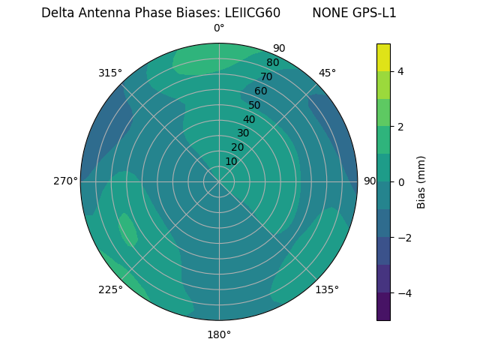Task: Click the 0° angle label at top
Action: [x=219, y=28]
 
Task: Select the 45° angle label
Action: [x=327, y=73]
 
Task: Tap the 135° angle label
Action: [x=327, y=289]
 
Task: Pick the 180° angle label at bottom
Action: [x=219, y=334]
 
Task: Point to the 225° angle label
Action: [x=110, y=289]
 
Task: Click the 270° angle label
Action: [x=65, y=181]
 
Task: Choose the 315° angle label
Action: [x=110, y=73]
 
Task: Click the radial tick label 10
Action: [x=231, y=161]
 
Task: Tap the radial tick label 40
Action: [x=249, y=119]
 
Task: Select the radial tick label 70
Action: [x=266, y=76]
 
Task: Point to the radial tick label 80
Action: [x=272, y=62]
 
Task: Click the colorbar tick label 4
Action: [x=400, y=71]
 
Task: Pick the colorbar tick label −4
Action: [x=401, y=292]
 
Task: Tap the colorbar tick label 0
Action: [x=400, y=181]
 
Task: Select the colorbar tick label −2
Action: [x=401, y=237]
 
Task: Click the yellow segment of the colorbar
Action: [x=383, y=57]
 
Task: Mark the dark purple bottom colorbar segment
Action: [x=383, y=307]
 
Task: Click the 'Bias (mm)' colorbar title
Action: [x=421, y=181]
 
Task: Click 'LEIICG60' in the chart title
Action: [x=250, y=13]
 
